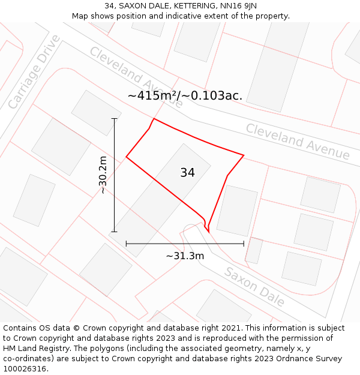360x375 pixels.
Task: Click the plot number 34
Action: click(187, 173)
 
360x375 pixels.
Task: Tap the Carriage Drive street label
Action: click(35, 72)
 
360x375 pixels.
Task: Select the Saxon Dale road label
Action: click(254, 286)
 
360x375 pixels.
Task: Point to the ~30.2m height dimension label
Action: click(103, 175)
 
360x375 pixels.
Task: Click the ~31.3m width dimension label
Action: click(185, 256)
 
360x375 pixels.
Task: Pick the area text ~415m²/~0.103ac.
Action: click(185, 95)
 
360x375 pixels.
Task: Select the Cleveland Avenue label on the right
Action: click(298, 142)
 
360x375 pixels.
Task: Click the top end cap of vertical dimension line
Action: click(114, 119)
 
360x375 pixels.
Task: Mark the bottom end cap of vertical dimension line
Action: click(114, 232)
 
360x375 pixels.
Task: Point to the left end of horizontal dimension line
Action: click(126, 244)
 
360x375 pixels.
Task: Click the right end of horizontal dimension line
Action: click(244, 244)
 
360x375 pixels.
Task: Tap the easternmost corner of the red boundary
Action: click(244, 155)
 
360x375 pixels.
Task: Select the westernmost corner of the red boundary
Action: click(126, 157)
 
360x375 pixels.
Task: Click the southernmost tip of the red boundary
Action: click(208, 232)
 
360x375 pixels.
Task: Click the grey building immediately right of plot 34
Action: click(236, 210)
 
